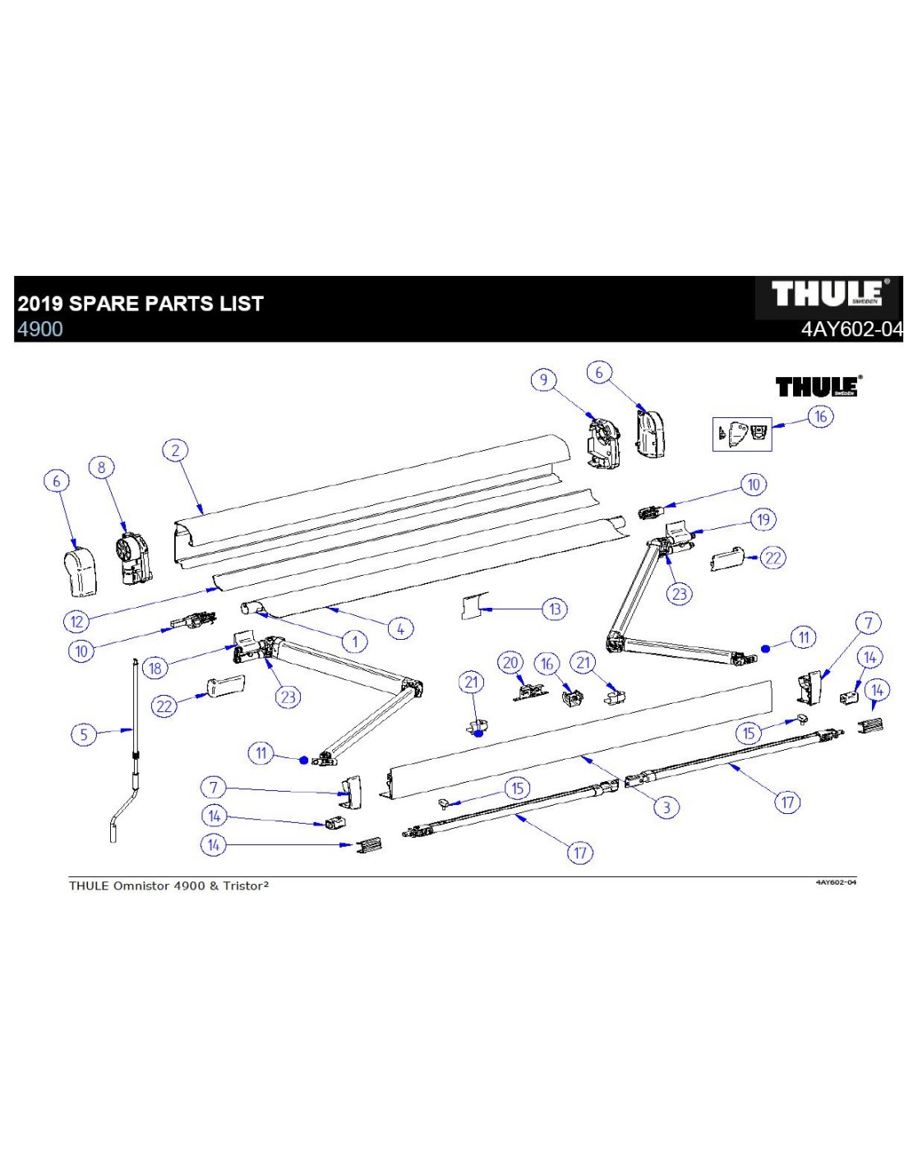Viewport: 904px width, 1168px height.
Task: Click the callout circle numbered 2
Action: [x=174, y=450]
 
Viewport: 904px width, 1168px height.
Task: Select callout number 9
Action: [x=542, y=379]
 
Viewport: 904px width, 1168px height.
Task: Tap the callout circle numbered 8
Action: [x=101, y=467]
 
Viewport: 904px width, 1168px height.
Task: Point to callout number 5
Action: [x=83, y=733]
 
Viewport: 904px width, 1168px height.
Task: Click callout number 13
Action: [x=555, y=609]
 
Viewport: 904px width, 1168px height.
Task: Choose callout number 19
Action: [x=763, y=519]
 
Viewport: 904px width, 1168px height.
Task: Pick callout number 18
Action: [x=155, y=668]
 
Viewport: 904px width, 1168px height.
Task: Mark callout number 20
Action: [x=510, y=663]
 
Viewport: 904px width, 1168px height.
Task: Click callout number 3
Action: [x=666, y=807]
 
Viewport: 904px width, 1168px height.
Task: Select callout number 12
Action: [x=77, y=621]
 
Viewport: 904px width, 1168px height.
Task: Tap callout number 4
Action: [x=400, y=629]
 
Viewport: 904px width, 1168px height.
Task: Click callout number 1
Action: [x=354, y=641]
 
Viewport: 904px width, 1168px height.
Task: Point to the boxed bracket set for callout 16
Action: [x=742, y=433]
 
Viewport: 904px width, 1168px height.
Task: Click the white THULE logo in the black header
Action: [x=828, y=294]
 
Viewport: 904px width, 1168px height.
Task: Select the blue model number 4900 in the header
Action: [x=40, y=329]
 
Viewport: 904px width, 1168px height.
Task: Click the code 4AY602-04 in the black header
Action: [x=851, y=329]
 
